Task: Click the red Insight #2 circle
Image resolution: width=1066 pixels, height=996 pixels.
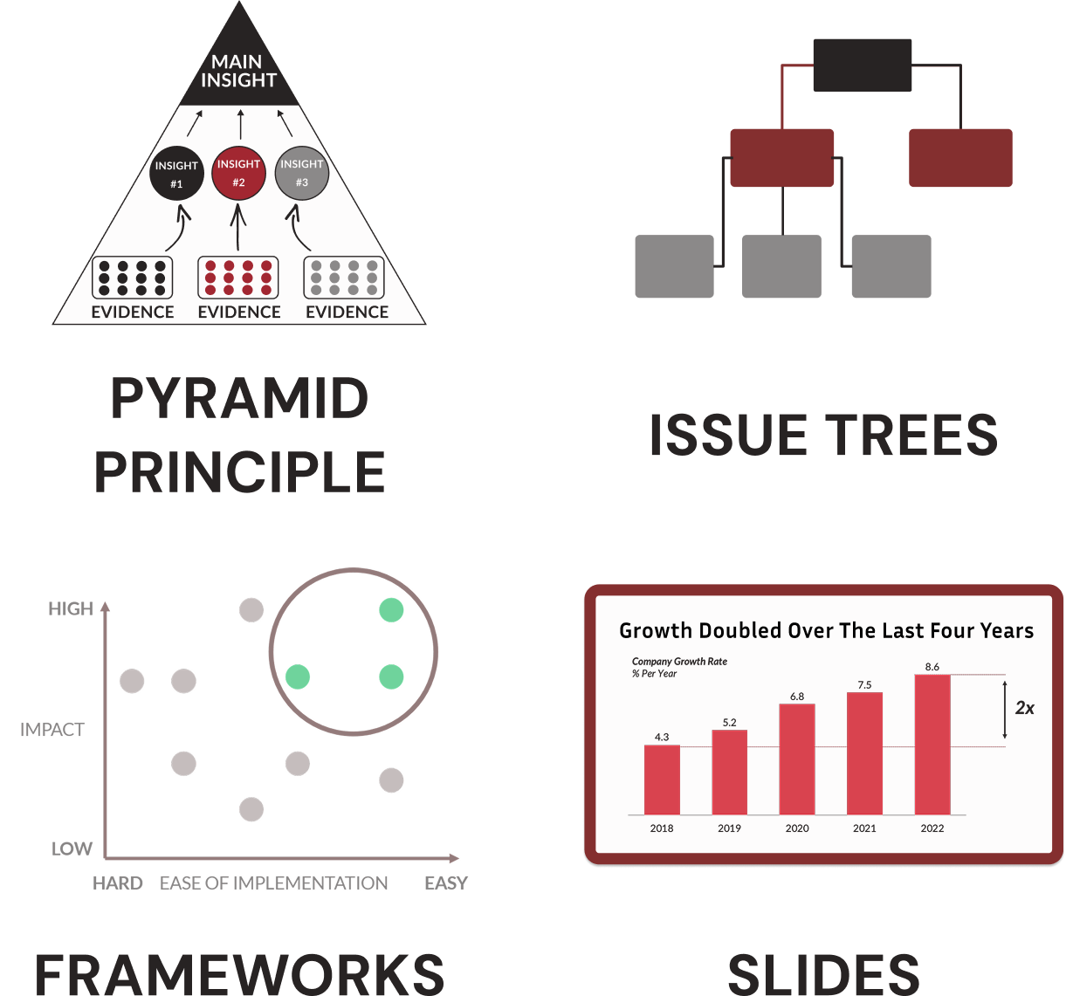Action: coord(238,172)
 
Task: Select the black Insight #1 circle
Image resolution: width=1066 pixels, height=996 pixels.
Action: coord(176,174)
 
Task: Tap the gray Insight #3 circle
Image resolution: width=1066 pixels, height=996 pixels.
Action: coord(301,173)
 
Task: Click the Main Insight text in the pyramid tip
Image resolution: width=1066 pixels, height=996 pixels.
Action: coord(238,71)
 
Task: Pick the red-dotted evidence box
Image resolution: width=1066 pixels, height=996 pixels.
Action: coord(238,278)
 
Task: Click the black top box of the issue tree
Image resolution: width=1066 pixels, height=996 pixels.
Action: coord(863,65)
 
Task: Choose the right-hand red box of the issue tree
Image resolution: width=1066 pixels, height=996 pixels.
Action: coord(960,158)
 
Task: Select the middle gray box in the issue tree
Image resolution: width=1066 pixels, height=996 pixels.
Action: coord(781,266)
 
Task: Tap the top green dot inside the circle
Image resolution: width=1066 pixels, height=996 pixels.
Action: coord(391,610)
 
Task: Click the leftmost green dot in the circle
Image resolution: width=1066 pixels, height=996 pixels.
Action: coord(298,677)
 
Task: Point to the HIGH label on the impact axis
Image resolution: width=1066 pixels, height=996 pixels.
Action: coord(71,609)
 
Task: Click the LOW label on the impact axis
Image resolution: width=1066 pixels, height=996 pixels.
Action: coord(72,848)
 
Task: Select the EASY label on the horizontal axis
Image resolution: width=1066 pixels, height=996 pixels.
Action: coord(446,883)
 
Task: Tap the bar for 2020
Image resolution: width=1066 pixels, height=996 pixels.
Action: coord(797,759)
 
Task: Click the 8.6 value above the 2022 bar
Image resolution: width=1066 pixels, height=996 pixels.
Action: coord(932,667)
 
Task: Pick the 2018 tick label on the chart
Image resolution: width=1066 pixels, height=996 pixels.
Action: coord(662,828)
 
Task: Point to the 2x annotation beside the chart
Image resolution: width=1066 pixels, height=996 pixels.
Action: coord(1024,708)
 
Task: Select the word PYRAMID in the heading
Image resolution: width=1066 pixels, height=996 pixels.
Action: coord(240,399)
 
